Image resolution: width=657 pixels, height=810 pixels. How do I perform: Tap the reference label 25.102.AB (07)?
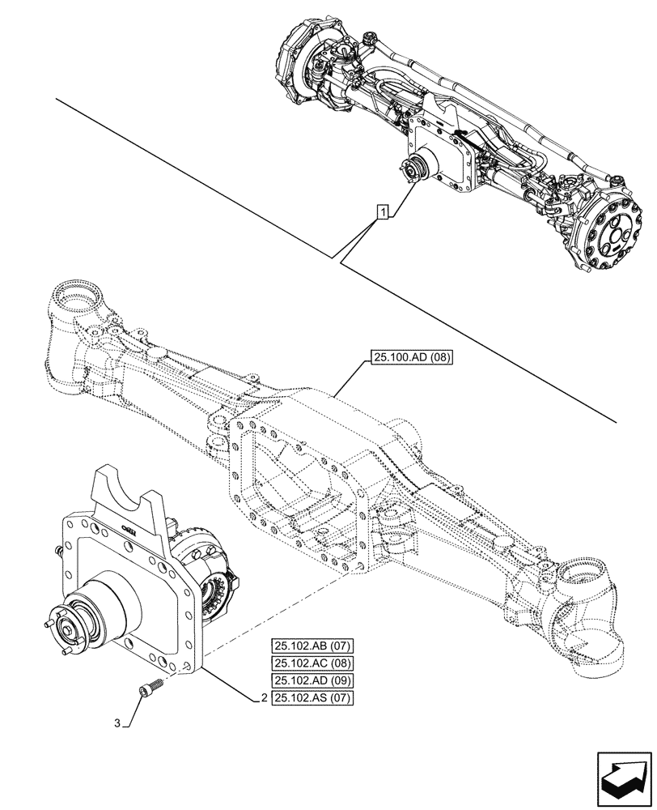tap(314, 646)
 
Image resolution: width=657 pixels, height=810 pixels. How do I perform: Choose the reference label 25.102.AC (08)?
tap(314, 663)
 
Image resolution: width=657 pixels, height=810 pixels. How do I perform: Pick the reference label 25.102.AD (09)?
tap(314, 681)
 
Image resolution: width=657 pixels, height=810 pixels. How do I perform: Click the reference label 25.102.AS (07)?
tap(314, 698)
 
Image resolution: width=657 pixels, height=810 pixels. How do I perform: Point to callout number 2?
tap(265, 698)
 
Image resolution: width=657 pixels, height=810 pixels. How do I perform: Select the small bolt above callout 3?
tap(150, 688)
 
